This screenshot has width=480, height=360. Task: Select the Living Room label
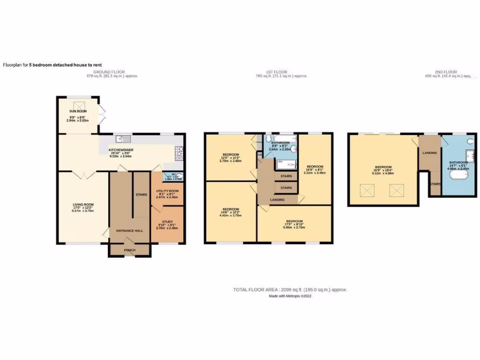tap(83, 204)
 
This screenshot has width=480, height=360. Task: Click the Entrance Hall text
tap(129, 231)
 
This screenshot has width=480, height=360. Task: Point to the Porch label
tap(129, 250)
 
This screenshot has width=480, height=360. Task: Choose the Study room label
tap(168, 222)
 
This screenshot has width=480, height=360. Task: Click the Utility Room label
tap(168, 191)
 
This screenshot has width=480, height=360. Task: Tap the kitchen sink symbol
tap(124, 138)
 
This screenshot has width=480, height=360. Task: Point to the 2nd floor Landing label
tap(430, 153)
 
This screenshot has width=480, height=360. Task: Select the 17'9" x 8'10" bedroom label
tap(295, 221)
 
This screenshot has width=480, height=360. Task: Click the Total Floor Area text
tap(290, 290)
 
